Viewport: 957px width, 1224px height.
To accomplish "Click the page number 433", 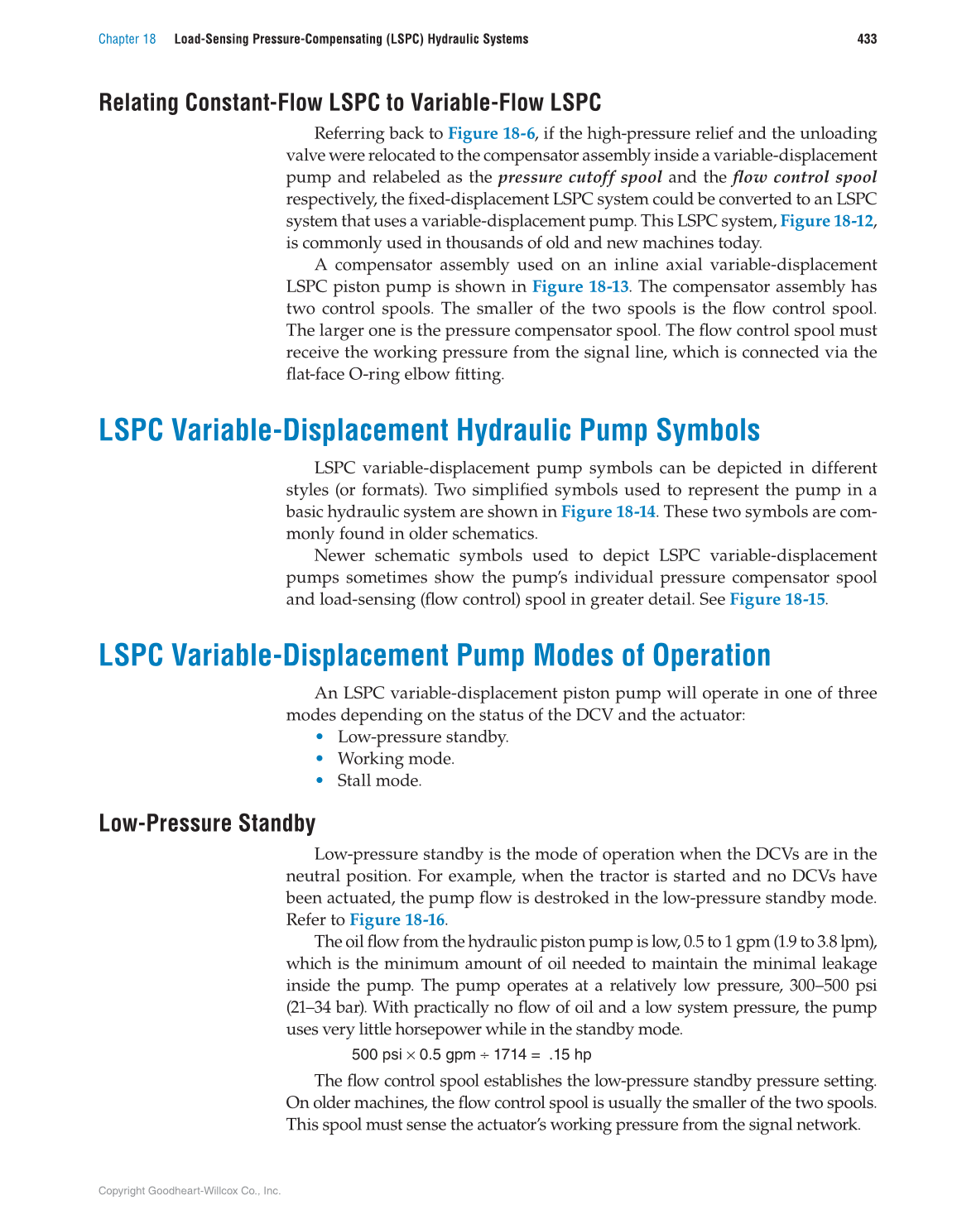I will coord(867,39).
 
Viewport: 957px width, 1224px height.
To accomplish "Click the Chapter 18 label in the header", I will coord(127,39).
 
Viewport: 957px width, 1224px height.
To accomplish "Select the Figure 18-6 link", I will coord(491,133).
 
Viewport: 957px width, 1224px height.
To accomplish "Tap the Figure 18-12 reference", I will coord(826,221).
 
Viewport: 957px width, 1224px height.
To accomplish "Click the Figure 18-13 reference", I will coord(579,286).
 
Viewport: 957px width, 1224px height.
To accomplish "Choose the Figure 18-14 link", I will coord(608,511).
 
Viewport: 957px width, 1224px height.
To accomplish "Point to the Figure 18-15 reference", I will coord(777,599).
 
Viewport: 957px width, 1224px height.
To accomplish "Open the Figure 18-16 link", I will coord(397,919).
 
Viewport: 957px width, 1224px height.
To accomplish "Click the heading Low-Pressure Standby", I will coord(207,823).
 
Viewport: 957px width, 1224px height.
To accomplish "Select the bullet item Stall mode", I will coord(378,780).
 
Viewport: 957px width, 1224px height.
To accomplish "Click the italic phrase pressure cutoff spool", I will coord(579,177).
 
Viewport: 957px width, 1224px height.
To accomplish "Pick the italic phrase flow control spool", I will coord(804,177).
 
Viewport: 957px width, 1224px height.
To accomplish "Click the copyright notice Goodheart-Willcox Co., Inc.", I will coord(189,1191).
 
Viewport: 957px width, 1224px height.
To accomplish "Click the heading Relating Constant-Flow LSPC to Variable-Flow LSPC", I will coord(349,103).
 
